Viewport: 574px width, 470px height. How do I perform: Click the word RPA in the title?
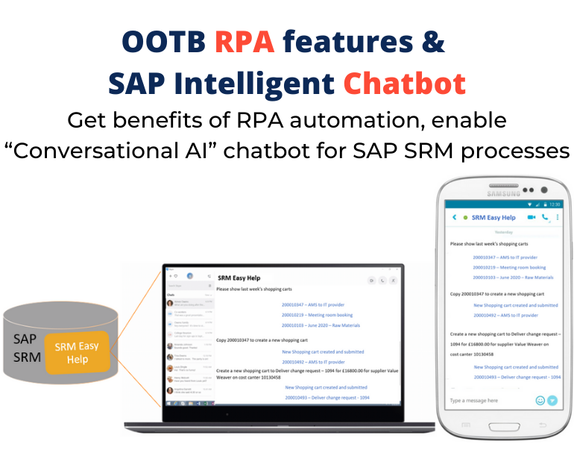[x=245, y=43]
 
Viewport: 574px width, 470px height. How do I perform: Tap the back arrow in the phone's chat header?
[x=454, y=217]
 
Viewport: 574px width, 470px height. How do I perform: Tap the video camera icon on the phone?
[x=532, y=217]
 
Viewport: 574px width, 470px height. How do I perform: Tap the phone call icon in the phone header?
[x=545, y=217]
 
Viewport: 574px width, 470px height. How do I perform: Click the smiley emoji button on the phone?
[x=540, y=401]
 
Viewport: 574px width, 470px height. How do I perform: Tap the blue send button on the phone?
[x=552, y=401]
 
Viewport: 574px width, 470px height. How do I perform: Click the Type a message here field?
[x=485, y=401]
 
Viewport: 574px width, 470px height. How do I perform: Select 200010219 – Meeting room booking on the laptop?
[x=313, y=315]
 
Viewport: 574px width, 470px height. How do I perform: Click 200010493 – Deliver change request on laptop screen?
[x=327, y=398]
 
